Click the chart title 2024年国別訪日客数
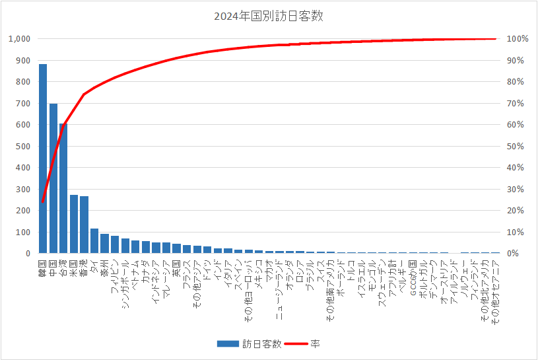coord(269,17)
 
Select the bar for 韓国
coord(43,159)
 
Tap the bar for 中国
coord(53,178)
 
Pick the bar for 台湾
coord(63,188)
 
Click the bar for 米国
coord(74,224)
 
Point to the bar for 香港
coord(84,225)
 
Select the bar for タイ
coord(94,241)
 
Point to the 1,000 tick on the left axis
coord(18,39)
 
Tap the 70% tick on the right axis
coord(515,103)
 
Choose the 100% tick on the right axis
coord(517,39)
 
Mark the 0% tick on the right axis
coord(512,254)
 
